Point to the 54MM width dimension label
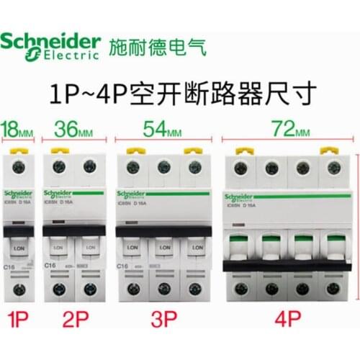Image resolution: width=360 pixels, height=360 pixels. click(x=163, y=130)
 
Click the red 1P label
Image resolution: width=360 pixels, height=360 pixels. click(x=19, y=318)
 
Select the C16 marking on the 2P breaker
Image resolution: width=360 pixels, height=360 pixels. click(x=50, y=266)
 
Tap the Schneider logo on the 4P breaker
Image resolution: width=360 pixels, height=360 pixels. click(x=242, y=196)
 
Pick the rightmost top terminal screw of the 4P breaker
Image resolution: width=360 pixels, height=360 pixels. click(x=333, y=168)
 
